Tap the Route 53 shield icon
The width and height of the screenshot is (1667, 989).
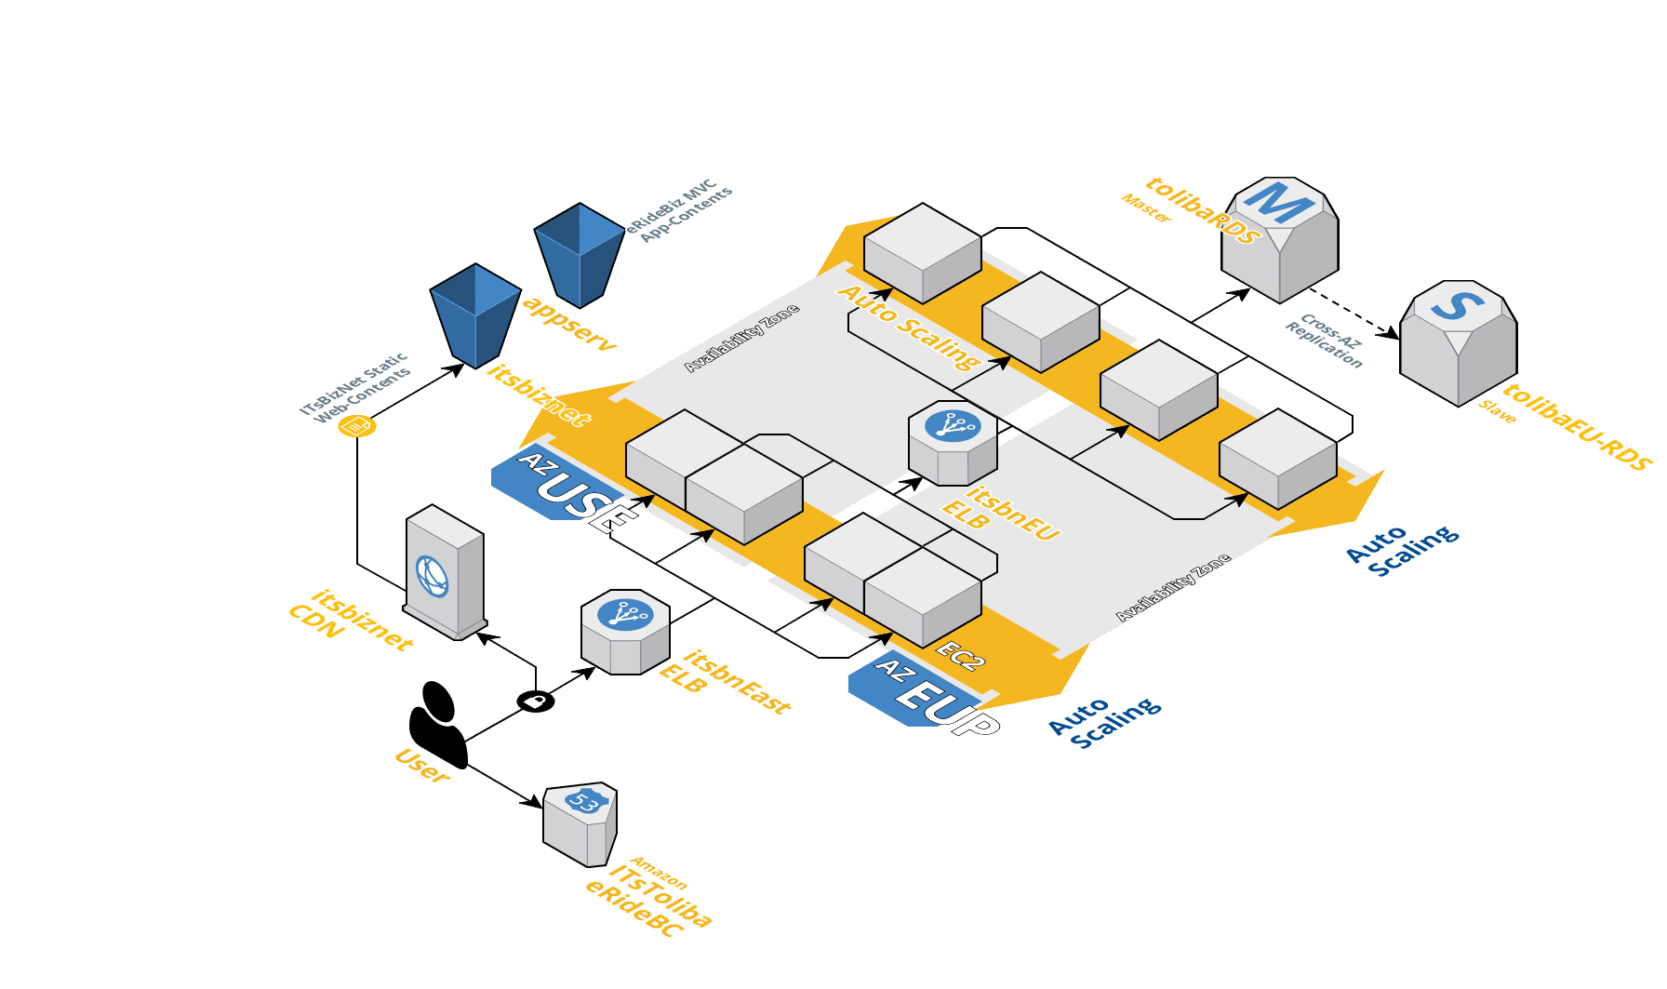[x=580, y=824]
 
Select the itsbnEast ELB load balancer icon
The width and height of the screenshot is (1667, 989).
[x=625, y=632]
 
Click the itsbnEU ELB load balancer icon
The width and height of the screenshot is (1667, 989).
[x=953, y=443]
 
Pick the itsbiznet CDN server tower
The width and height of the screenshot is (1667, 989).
[x=445, y=572]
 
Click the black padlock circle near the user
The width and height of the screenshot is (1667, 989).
[x=536, y=701]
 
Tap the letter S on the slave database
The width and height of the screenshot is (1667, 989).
[x=1458, y=305]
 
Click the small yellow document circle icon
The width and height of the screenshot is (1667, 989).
[x=356, y=426]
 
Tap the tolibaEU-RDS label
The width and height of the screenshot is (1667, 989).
[x=1578, y=427]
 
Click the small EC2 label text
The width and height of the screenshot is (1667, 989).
[x=959, y=655]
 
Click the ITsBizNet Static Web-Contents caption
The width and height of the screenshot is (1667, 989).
[x=355, y=387]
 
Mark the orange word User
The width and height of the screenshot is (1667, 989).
[x=423, y=765]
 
